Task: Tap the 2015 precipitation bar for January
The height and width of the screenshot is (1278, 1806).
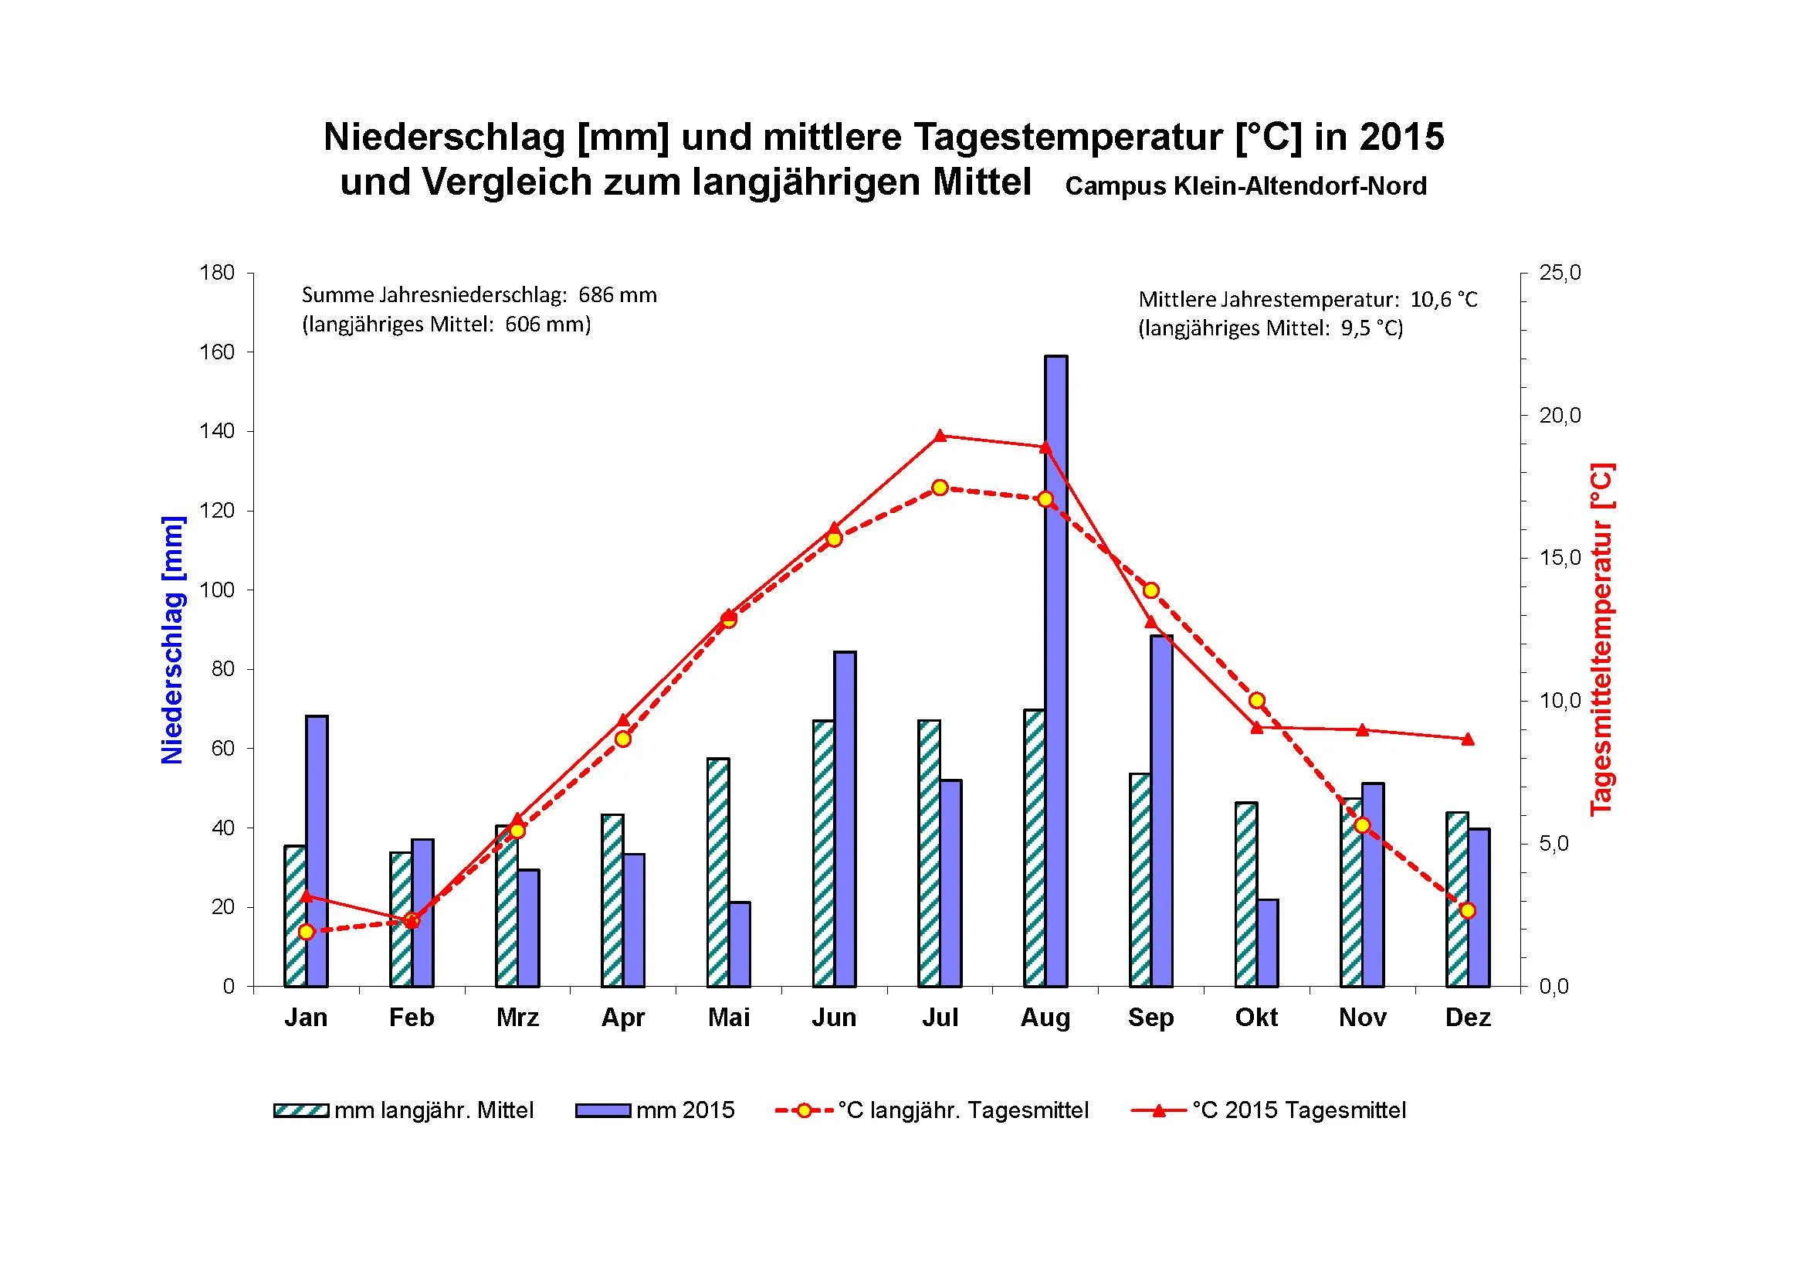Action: [x=317, y=850]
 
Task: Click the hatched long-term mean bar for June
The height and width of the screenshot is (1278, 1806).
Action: [x=824, y=853]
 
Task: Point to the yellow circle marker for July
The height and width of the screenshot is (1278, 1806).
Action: [x=940, y=488]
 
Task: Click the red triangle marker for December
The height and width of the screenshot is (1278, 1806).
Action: [x=1468, y=739]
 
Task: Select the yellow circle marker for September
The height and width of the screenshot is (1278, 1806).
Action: [x=1150, y=590]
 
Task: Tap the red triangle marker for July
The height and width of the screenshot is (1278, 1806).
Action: [x=940, y=435]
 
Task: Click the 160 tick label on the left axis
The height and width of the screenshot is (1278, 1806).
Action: [x=217, y=352]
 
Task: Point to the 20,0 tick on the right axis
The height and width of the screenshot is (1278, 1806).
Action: [x=1560, y=416]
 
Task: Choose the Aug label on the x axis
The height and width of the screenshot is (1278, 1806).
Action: [x=1045, y=1018]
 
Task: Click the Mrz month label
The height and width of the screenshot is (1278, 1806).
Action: [x=517, y=1018]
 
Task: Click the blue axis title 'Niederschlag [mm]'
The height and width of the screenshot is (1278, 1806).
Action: [x=172, y=640]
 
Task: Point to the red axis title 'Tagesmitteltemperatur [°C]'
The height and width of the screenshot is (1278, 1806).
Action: [x=1601, y=639]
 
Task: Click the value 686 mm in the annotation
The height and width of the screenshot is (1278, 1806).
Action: [x=618, y=295]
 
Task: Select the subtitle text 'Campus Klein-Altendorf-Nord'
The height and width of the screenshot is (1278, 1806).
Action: [x=1245, y=186]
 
